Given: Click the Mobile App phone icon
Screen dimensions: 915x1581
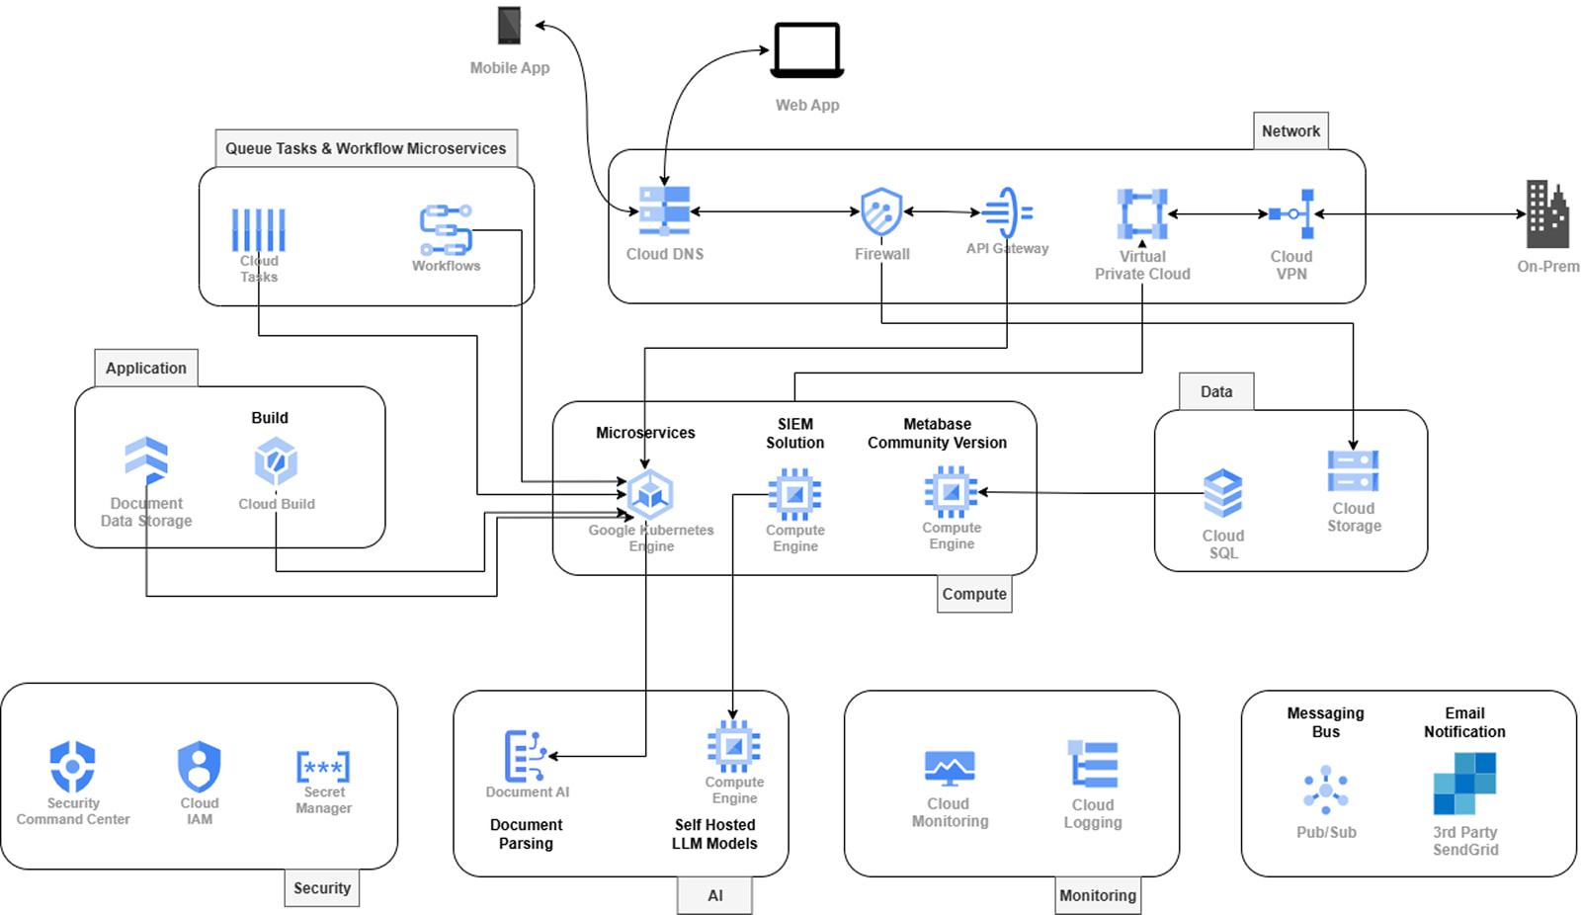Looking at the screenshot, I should (x=509, y=26).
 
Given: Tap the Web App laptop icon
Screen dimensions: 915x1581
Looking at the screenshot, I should (x=807, y=49).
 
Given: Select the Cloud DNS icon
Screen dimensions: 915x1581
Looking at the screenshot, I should (x=664, y=210).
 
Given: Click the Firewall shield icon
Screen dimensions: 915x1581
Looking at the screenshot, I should (x=881, y=211).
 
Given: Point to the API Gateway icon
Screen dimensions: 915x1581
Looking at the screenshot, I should (x=1008, y=212).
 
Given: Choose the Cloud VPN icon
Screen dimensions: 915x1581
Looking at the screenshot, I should (x=1292, y=213).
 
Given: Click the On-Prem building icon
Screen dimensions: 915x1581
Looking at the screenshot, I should (x=1546, y=214).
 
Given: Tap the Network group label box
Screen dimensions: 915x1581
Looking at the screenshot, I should (x=1290, y=130).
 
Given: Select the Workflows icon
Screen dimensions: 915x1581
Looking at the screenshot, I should (x=446, y=229).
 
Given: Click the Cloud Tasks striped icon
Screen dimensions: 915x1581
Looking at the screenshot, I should (x=259, y=230).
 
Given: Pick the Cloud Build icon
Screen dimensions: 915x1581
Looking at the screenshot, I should (x=276, y=461).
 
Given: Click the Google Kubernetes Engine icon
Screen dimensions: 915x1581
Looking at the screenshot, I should (x=650, y=494).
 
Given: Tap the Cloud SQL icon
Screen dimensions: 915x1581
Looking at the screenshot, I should (x=1223, y=493).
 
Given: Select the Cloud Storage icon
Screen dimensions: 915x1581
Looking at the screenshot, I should (x=1353, y=471).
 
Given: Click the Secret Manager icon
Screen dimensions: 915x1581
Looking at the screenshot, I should (x=323, y=767).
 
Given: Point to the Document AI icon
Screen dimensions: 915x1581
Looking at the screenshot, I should (x=525, y=756).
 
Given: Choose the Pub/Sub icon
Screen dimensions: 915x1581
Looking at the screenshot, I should (x=1326, y=790).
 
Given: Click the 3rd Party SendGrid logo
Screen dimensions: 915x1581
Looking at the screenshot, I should (x=1464, y=784).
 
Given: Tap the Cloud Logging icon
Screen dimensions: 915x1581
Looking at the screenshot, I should (x=1093, y=764).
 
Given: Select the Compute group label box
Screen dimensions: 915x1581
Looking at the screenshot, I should (x=974, y=594).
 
